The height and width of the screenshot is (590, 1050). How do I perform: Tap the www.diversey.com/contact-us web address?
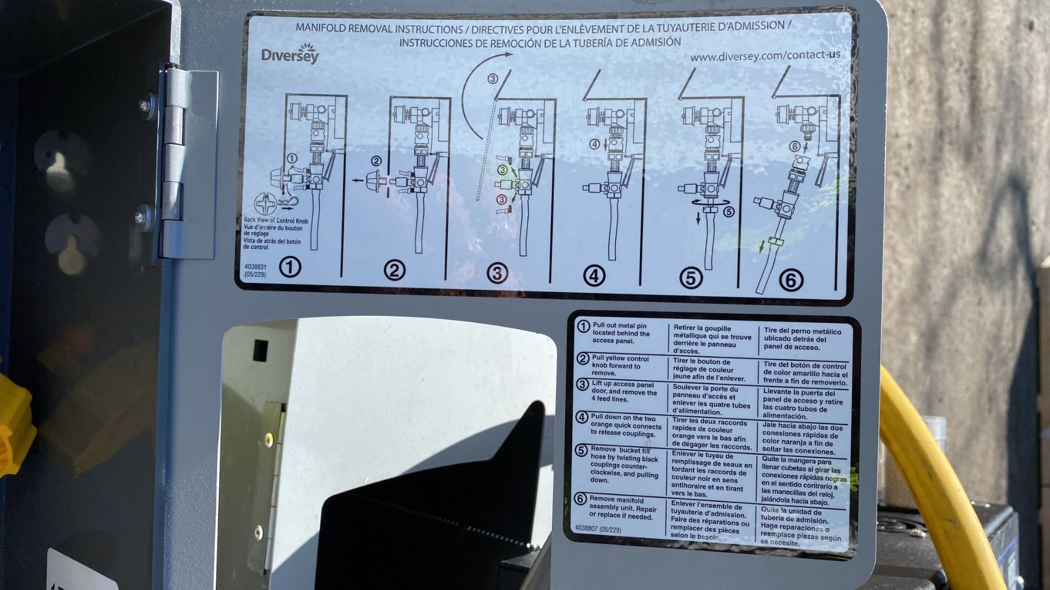click(765, 56)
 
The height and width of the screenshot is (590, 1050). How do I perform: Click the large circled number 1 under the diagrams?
click(290, 267)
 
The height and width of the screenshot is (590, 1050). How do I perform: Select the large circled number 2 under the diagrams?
click(395, 270)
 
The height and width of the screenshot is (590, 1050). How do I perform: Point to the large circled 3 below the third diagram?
click(498, 273)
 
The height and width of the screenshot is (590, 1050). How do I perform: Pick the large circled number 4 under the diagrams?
click(594, 275)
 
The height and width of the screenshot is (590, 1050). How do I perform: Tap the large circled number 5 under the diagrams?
click(691, 278)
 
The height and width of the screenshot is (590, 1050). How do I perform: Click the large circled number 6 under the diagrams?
click(791, 280)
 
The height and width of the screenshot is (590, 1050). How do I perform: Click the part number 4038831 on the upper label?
click(256, 267)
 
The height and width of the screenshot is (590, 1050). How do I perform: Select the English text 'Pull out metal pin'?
click(619, 326)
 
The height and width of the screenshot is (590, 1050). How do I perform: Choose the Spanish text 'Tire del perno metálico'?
click(803, 331)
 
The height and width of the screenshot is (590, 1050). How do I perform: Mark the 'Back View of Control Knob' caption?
click(276, 220)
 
